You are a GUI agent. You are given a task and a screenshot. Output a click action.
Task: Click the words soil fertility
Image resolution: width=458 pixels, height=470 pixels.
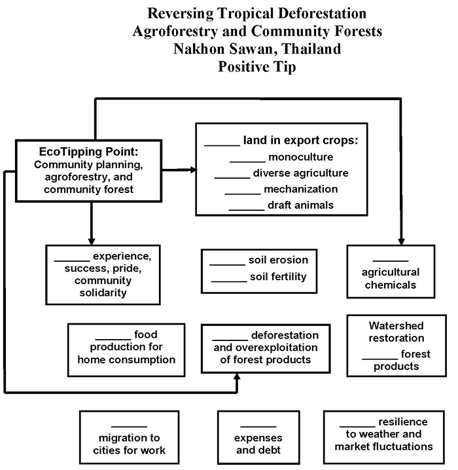278,277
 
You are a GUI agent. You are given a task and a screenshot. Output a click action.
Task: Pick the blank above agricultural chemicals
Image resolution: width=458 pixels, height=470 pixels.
391,261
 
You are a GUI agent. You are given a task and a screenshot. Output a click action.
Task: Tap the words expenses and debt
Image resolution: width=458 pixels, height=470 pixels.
259,444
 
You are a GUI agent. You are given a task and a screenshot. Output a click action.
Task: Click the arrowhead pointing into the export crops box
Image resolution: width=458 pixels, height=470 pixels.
193,170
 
